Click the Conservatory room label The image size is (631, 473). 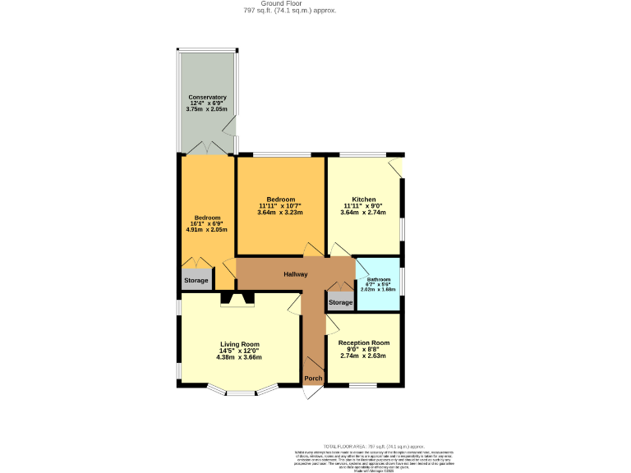207,97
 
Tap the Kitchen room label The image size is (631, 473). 364,200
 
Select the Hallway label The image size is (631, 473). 296,274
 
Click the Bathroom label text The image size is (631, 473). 379,279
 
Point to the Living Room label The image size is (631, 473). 239,344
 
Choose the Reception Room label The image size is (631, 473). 364,342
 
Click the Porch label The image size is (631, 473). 313,379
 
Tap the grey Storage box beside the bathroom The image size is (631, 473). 340,302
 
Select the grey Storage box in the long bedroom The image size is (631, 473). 196,281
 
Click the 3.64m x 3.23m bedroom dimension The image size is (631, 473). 280,213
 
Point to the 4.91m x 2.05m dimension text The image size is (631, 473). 207,230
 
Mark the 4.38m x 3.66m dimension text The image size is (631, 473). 239,357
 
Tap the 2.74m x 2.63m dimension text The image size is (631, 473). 364,356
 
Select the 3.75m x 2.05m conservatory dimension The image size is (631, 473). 207,109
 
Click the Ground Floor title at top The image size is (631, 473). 278,3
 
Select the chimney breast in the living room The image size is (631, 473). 237,300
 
